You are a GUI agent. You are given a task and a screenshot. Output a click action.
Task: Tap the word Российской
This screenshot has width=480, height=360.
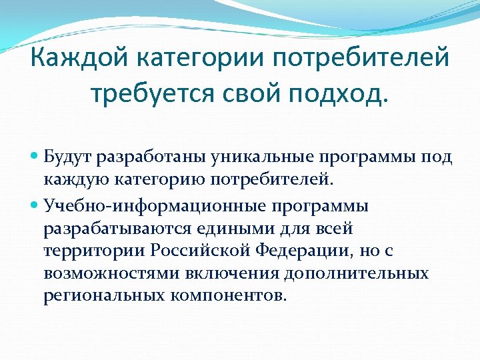point(193,251)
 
